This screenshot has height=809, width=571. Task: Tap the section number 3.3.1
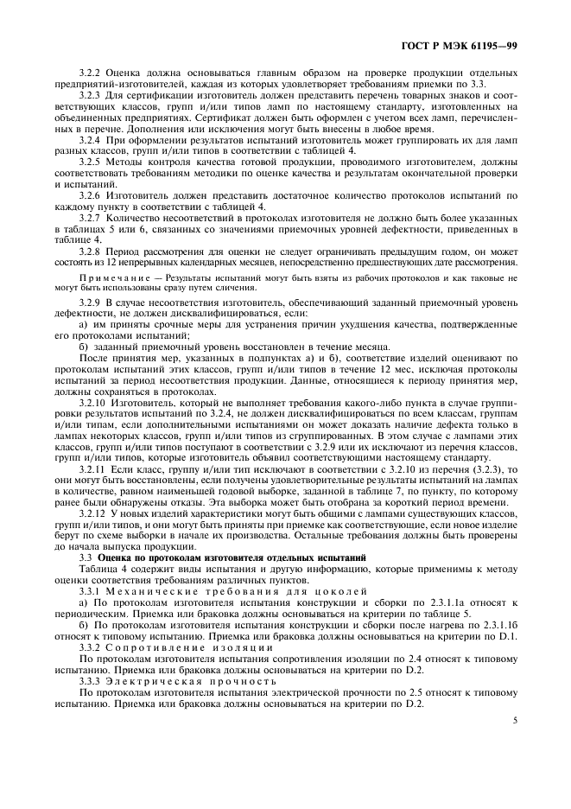click(91, 592)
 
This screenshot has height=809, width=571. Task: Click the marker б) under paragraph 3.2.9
click(84, 345)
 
